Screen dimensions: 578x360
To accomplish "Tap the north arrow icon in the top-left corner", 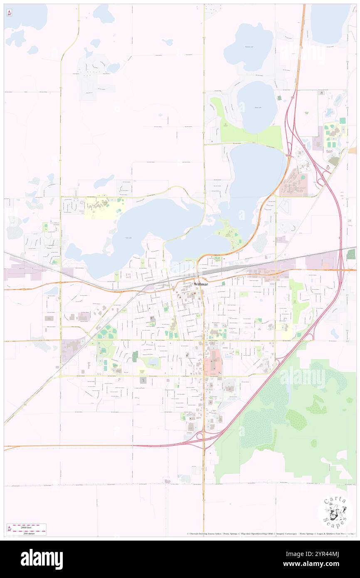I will coord(9,13).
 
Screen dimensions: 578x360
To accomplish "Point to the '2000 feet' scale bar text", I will coord(30,526).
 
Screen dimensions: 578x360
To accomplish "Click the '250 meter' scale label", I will coord(30,532).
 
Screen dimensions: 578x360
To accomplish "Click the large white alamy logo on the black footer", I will coord(42,559).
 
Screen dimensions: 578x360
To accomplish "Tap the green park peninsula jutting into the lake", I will coord(229,235).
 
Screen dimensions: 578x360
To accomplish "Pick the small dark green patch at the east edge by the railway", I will coord(351,254).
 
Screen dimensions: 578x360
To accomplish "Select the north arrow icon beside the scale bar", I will coord(9,529).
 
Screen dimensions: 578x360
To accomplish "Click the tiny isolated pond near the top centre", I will coord(168,42).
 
